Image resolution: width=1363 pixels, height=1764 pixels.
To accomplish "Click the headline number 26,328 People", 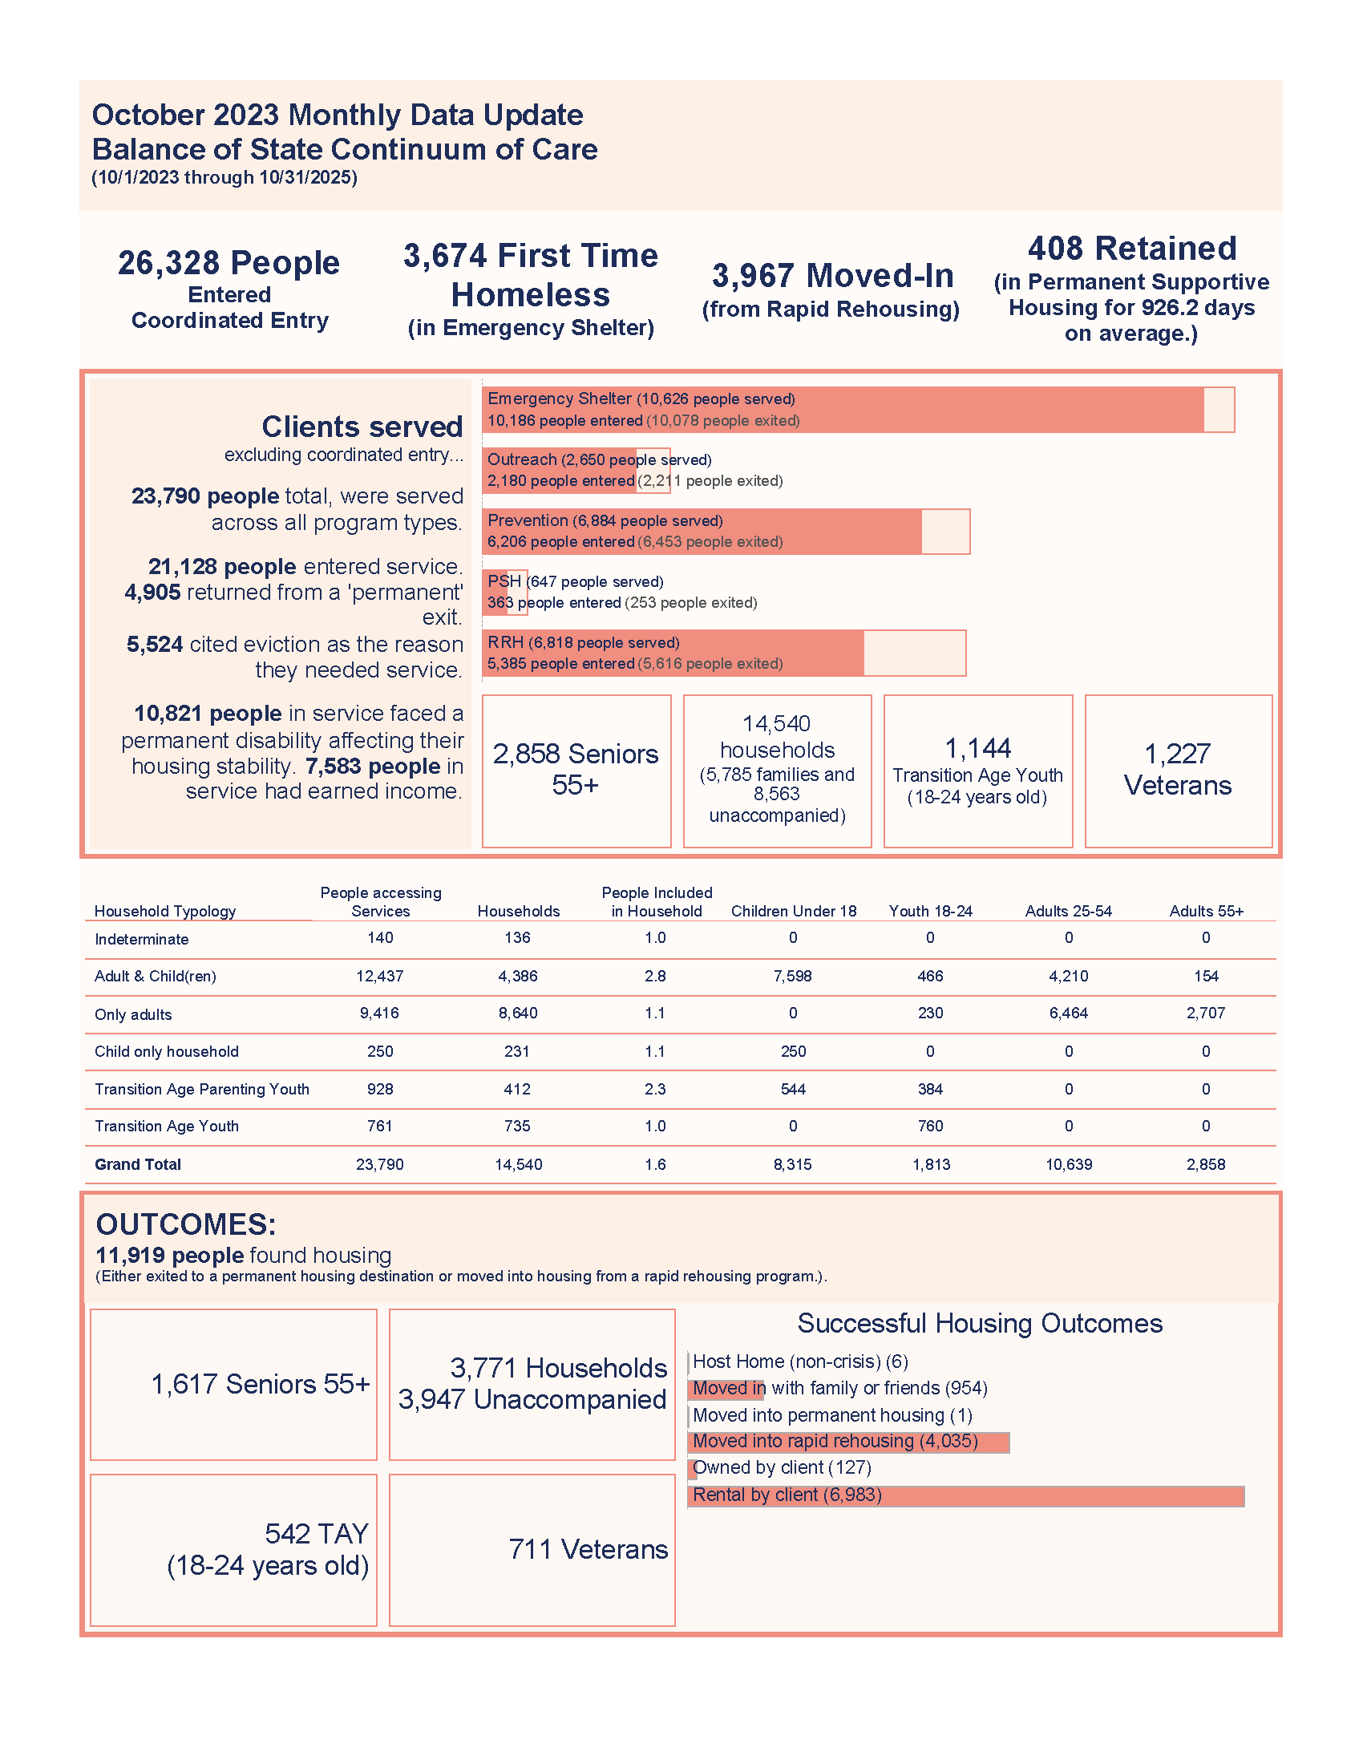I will (229, 263).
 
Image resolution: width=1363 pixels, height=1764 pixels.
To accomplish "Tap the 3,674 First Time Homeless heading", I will (531, 274).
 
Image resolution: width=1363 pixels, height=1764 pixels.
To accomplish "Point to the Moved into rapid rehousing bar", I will (847, 1442).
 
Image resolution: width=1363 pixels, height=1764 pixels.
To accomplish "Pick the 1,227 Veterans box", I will (1177, 771).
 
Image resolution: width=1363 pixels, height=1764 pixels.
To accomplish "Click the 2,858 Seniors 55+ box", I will (576, 771).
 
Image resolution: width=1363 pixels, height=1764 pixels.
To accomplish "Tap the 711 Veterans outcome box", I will (532, 1549).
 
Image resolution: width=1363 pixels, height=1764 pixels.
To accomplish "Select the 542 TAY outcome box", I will (233, 1549).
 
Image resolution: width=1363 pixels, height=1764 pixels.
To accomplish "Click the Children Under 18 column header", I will (793, 911).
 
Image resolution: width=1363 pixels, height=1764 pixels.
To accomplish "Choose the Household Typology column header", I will (164, 911).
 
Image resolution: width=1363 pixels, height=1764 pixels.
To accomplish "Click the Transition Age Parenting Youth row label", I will (202, 1089).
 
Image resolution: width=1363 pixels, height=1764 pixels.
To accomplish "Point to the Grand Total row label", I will (137, 1164).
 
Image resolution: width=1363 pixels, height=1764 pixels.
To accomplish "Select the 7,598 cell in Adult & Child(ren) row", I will (792, 976).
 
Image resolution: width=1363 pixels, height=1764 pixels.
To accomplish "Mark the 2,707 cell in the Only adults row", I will (1206, 1013).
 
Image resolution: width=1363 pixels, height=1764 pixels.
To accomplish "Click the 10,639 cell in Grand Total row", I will (1068, 1164).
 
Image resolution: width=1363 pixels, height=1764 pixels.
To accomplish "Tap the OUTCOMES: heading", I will (186, 1224).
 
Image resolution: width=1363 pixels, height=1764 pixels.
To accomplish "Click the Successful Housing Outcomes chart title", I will (980, 1323).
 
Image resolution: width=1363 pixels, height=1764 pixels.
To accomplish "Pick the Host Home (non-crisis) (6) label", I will (799, 1361).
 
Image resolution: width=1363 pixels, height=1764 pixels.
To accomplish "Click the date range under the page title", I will (224, 178).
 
